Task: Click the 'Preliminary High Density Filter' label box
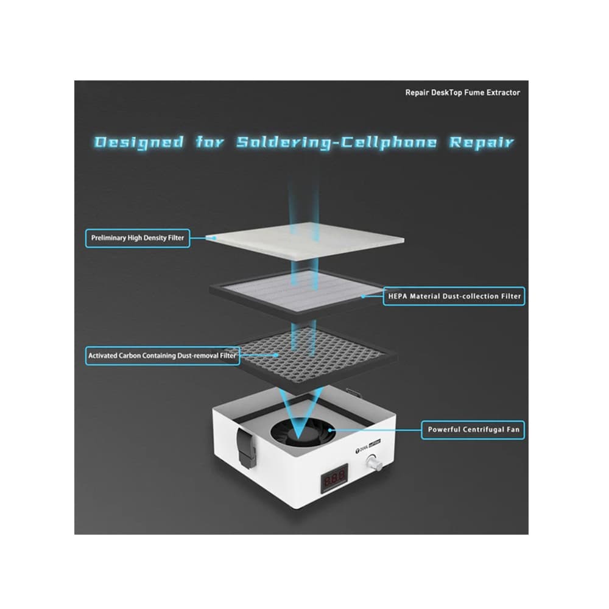pos(138,238)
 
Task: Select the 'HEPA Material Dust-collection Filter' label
pos(454,297)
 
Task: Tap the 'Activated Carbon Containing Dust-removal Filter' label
pos(163,356)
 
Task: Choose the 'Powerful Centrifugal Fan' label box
pos(473,430)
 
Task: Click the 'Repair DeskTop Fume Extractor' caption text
pos(463,93)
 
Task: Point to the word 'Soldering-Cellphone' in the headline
pos(337,143)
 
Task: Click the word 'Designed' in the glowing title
pos(139,143)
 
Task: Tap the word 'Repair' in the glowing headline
pos(482,143)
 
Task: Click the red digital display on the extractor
pos(334,477)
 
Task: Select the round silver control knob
pos(373,462)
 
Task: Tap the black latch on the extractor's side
pos(246,448)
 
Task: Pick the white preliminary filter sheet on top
pos(305,241)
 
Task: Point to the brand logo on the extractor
pos(368,446)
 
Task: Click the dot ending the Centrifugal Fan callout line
pos(329,430)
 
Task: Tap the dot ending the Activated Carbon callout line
pos(276,355)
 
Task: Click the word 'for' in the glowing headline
pos(209,143)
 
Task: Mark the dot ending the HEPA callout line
pos(363,297)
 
